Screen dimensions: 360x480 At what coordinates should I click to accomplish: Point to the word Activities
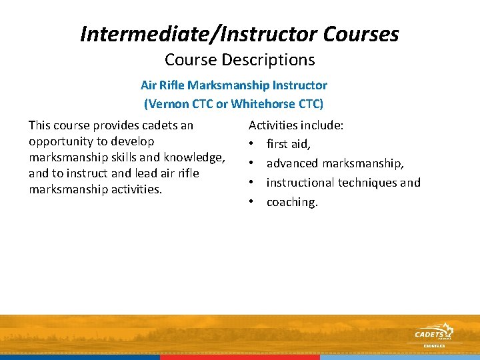pyautogui.click(x=273, y=125)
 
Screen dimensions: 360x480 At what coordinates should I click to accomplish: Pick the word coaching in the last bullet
pyautogui.click(x=292, y=202)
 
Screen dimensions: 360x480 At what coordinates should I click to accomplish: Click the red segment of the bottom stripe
pyautogui.click(x=240, y=357)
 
